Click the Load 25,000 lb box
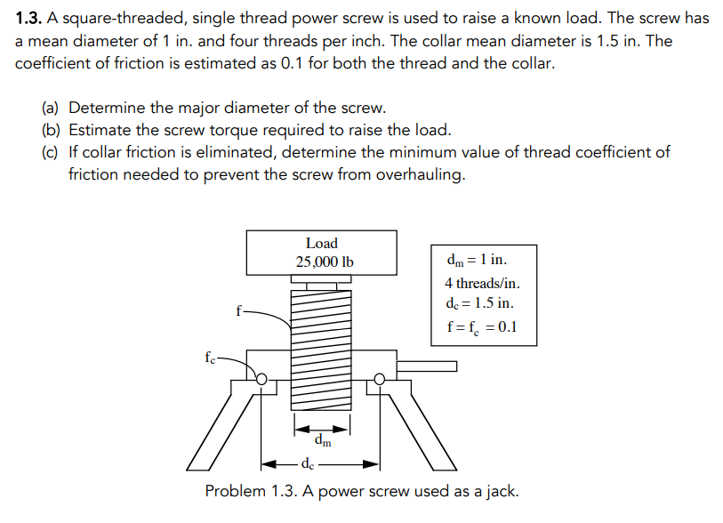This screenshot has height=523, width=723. (x=322, y=253)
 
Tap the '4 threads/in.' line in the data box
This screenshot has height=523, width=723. (x=483, y=283)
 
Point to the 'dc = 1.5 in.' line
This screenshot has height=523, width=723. (x=479, y=304)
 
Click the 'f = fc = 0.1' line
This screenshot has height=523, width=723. (x=480, y=326)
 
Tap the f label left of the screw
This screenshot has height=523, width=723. (x=237, y=311)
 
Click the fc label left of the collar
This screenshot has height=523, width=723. (x=210, y=359)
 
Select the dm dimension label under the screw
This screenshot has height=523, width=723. (x=323, y=439)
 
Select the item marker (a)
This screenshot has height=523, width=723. (x=52, y=109)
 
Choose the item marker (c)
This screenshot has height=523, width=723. (x=52, y=152)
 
